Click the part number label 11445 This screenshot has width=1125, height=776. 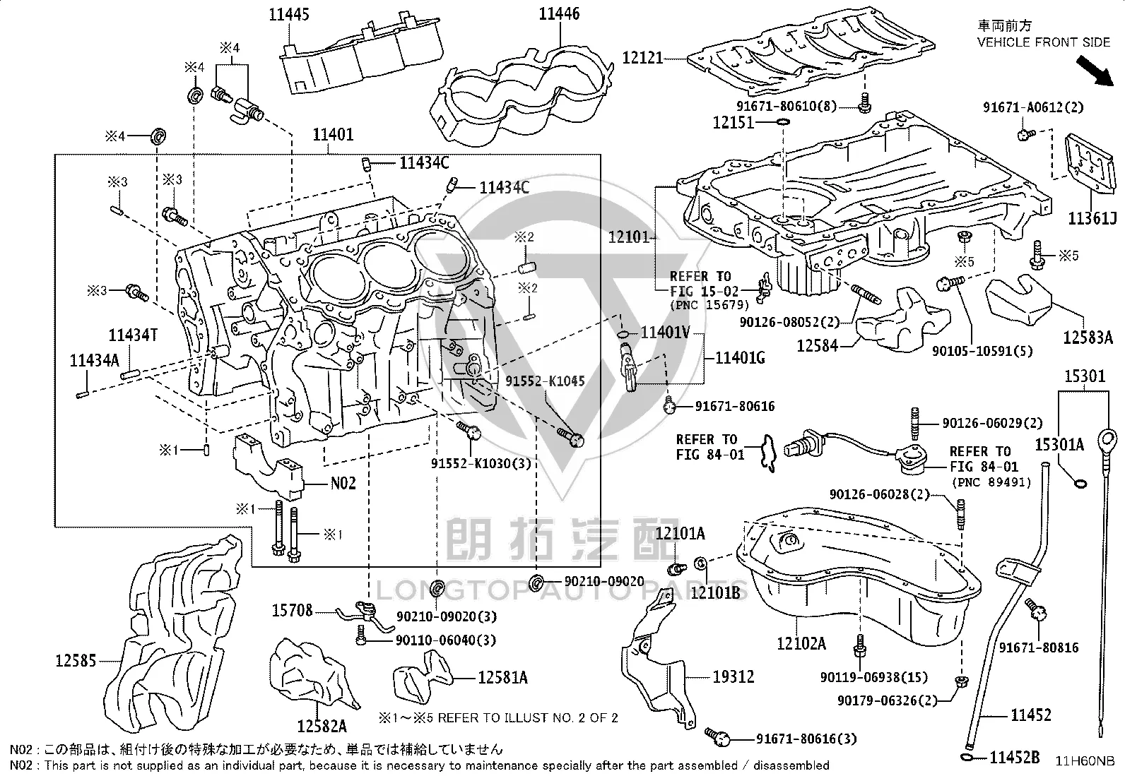coord(289,14)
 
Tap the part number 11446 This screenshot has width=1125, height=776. coord(559,13)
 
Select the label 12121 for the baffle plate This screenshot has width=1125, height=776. coord(643,58)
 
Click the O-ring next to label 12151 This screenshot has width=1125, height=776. coord(783,122)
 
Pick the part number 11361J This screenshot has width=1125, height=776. coord(1092,218)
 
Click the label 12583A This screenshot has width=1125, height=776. coord(1088,338)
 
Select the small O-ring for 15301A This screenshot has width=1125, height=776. coord(1080,484)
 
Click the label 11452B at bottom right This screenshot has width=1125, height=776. coord(1015,757)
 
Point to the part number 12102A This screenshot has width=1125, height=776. coord(801,643)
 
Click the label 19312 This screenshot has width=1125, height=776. coord(734,676)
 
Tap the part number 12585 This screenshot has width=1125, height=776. coord(76,661)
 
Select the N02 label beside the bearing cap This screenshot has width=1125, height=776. coord(343,484)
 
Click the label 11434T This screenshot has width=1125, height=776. coord(133,335)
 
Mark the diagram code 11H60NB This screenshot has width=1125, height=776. coord(1084,760)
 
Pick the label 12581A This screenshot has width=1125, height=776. coord(502,678)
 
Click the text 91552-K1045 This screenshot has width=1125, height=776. coord(545,381)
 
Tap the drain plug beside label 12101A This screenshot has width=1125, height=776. coord(677,569)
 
